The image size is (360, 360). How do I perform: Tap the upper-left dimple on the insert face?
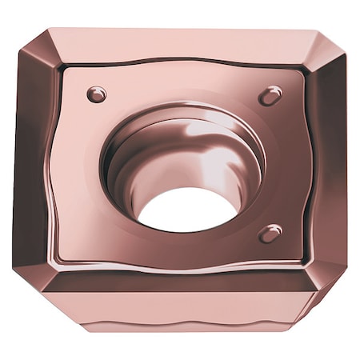[x=97, y=94]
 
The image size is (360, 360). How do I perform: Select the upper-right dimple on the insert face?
[x=270, y=96]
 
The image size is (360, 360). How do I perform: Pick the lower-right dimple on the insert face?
[x=270, y=233]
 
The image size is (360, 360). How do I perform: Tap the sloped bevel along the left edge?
[x=36, y=160]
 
